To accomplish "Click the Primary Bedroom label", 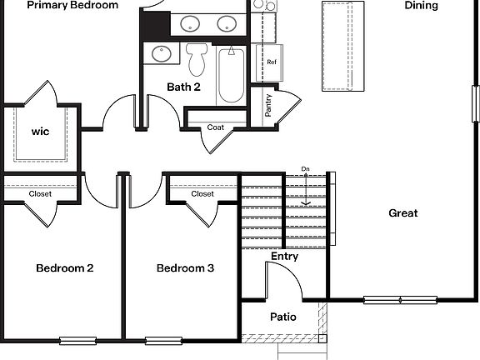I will (x=72, y=5).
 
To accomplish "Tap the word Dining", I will (x=422, y=6).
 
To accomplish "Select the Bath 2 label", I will (x=184, y=87).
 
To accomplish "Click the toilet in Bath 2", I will (x=197, y=59).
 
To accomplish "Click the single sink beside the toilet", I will (x=162, y=54).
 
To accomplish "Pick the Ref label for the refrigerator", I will (x=272, y=62).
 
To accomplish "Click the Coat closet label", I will (x=216, y=127).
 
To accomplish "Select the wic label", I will (x=41, y=132).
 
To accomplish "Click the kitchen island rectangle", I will (x=343, y=46).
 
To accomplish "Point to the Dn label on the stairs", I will (x=306, y=170).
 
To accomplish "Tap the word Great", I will (x=403, y=213).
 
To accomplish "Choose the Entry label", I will (x=284, y=257).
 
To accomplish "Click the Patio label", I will (x=283, y=317).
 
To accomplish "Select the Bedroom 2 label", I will (x=64, y=268).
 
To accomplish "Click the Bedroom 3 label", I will (x=186, y=268).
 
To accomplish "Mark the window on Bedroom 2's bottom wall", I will (x=77, y=339).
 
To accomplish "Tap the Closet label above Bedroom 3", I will (x=202, y=194).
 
